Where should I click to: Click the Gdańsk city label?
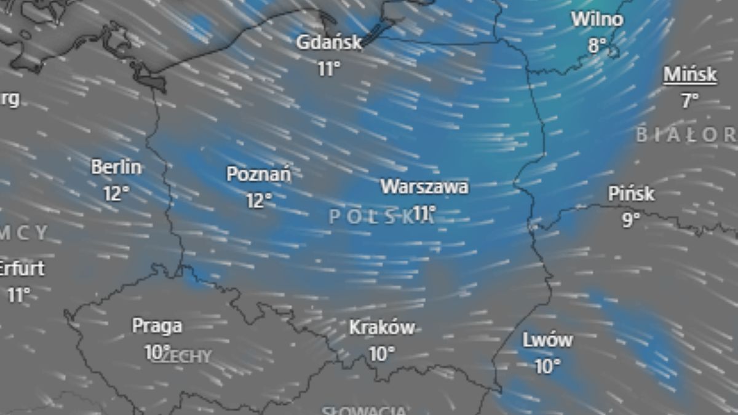[329, 42]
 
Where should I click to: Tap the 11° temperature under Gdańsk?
[329, 68]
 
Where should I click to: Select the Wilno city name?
[597, 19]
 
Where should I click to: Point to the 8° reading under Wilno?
[597, 45]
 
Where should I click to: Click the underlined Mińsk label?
[690, 75]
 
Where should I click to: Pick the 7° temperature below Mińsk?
[690, 101]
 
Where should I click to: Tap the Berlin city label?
[116, 167]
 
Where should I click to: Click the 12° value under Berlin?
[116, 194]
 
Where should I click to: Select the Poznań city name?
[259, 174]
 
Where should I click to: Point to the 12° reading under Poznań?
[259, 200]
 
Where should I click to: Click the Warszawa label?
[424, 186]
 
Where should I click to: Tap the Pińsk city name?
[632, 194]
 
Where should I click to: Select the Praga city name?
[157, 326]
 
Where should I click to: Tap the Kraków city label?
[382, 328]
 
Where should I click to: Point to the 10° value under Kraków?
[382, 354]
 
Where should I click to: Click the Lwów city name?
[547, 339]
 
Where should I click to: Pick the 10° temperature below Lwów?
[547, 366]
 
